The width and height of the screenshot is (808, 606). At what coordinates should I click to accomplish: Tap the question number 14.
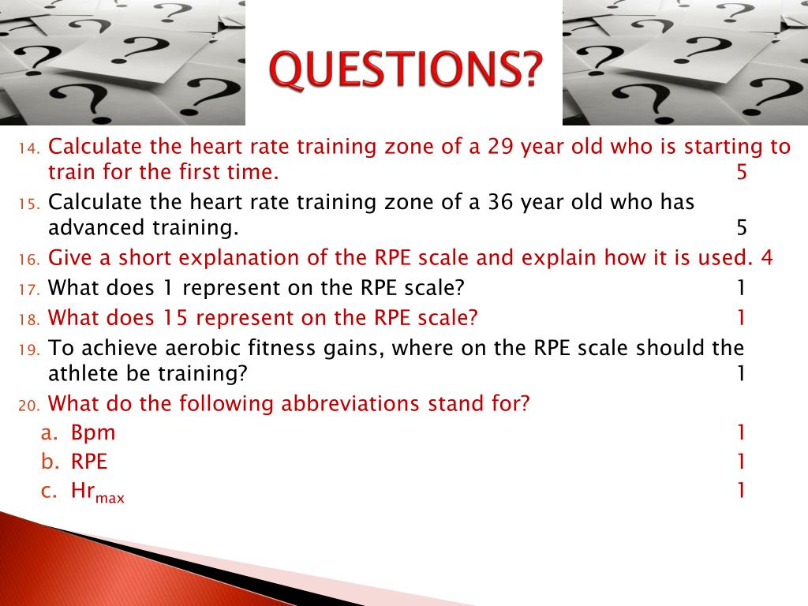[x=29, y=148]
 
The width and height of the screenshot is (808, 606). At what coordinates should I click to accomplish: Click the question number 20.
[x=29, y=405]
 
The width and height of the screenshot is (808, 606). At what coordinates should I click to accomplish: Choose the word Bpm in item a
[x=93, y=432]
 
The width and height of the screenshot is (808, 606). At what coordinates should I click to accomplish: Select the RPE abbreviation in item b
[x=89, y=462]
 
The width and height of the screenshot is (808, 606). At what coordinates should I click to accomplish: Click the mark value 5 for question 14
[x=741, y=173]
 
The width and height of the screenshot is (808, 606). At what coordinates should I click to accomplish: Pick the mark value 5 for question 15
[x=741, y=229]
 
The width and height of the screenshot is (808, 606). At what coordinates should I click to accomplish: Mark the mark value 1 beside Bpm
[x=741, y=432]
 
